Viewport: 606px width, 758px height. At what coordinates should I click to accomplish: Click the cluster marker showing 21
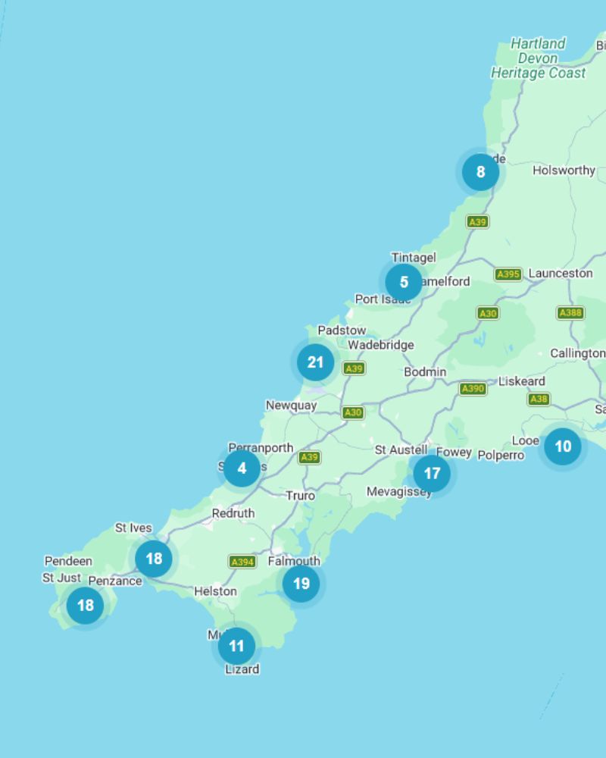(x=315, y=362)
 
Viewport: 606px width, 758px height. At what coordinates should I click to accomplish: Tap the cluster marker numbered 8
(x=480, y=172)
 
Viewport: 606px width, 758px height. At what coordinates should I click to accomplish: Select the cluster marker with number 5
(x=404, y=282)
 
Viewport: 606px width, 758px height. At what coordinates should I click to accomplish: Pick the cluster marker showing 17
(x=432, y=474)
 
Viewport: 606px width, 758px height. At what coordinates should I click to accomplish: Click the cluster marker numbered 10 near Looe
(x=563, y=446)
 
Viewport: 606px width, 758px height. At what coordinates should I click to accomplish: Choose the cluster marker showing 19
(x=301, y=584)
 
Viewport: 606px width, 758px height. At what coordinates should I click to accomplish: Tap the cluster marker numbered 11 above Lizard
(x=236, y=646)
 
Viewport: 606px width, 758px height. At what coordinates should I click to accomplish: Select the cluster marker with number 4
(x=242, y=468)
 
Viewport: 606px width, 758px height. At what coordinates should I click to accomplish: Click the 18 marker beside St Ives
(x=154, y=559)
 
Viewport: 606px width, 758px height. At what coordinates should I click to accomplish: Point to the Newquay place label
(x=291, y=406)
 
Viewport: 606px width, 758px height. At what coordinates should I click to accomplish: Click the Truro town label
(x=300, y=496)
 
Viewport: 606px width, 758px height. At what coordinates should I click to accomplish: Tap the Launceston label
(x=561, y=273)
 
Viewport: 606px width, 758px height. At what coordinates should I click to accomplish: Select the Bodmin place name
(x=425, y=372)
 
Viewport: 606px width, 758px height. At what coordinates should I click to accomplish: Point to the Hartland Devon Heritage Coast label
(x=538, y=58)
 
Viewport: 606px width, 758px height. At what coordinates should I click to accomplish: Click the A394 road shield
(x=242, y=562)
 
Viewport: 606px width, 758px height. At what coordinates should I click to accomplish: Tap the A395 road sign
(x=508, y=274)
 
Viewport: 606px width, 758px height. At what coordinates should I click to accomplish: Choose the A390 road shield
(x=473, y=389)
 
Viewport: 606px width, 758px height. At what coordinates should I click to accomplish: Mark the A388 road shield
(x=570, y=313)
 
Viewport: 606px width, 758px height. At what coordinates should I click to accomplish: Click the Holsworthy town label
(x=564, y=171)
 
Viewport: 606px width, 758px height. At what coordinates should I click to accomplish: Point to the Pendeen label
(x=68, y=562)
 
